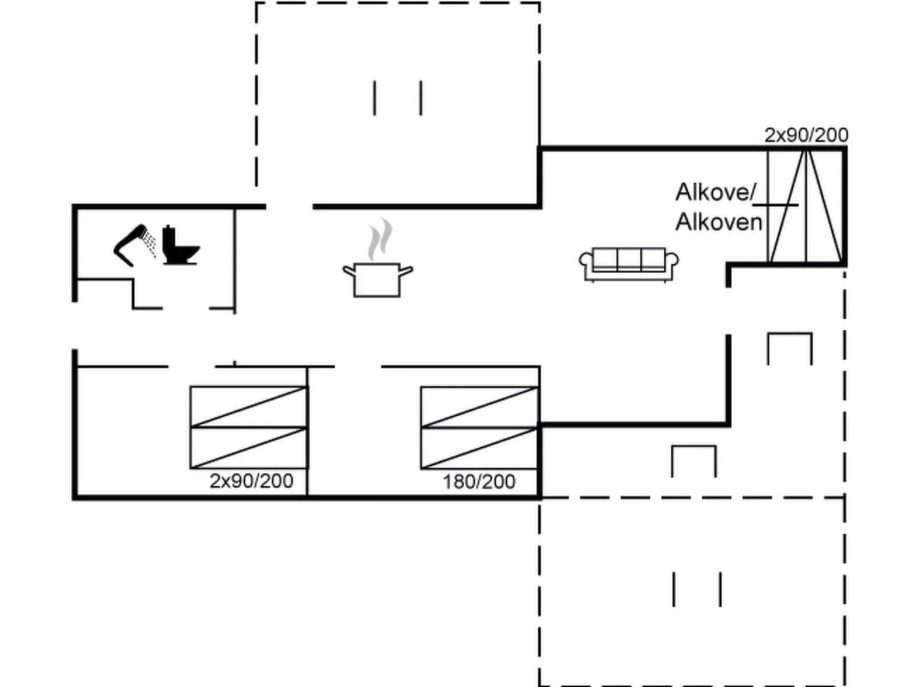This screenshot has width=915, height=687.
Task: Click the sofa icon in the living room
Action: (628, 265)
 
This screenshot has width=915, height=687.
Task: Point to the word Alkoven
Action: (718, 222)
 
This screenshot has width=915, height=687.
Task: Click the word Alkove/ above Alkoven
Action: (716, 192)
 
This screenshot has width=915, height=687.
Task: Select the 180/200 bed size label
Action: (479, 482)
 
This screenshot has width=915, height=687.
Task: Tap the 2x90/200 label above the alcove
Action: (806, 135)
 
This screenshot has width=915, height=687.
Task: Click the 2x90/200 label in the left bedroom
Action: (251, 481)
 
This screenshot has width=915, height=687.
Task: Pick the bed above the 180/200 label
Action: (479, 428)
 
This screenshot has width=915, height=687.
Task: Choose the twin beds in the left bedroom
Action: (249, 428)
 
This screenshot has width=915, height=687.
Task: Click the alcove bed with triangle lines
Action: (806, 206)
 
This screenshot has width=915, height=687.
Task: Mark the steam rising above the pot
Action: (380, 239)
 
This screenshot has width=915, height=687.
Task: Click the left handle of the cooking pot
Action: (349, 271)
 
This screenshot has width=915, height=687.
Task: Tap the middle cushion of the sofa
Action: (628, 259)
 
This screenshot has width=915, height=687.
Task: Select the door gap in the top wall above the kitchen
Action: (289, 206)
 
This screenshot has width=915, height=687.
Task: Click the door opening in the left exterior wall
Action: (75, 326)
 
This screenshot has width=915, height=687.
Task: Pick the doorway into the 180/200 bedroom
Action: (358, 367)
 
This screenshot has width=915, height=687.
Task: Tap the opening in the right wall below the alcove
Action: (728, 311)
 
